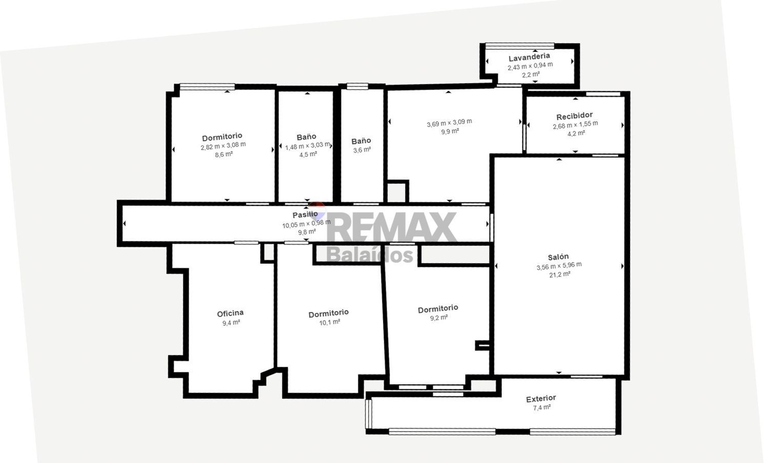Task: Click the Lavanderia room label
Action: (529, 56)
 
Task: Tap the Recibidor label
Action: (574, 116)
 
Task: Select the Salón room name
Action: (558, 257)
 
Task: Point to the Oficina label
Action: (230, 313)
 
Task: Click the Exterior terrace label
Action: (541, 398)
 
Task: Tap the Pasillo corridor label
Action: (305, 215)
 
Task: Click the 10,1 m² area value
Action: (329, 322)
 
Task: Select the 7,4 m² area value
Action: (541, 408)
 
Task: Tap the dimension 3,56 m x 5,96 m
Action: (559, 265)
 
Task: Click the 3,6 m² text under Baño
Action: (361, 150)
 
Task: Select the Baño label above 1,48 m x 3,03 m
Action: (306, 137)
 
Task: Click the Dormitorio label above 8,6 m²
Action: (222, 137)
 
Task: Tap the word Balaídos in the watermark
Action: (370, 255)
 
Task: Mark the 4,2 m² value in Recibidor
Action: (575, 133)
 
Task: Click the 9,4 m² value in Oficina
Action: (231, 323)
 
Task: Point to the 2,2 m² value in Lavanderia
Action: (530, 75)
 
